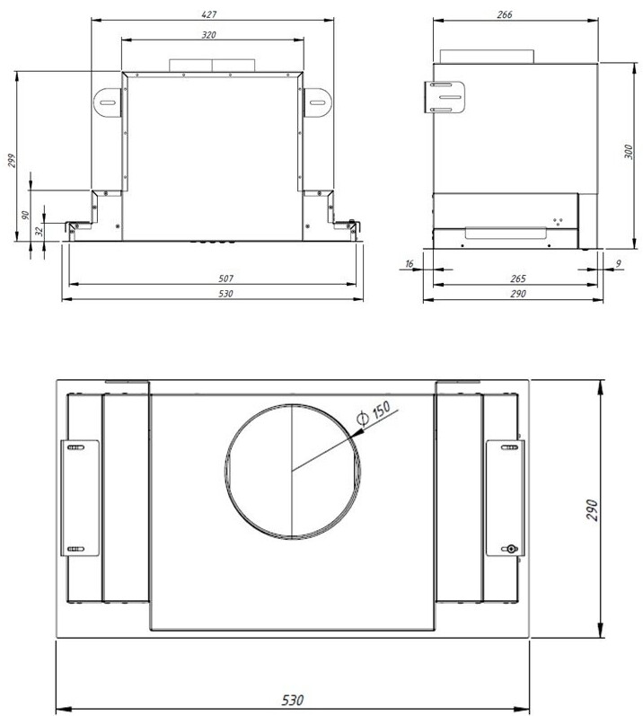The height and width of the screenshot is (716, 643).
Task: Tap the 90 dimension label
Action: click(x=26, y=216)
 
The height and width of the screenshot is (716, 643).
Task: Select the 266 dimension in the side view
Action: click(x=515, y=15)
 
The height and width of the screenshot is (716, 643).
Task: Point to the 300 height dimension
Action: click(x=630, y=152)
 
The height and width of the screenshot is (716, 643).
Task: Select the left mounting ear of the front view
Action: click(x=106, y=103)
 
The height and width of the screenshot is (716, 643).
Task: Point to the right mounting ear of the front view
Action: click(x=316, y=103)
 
